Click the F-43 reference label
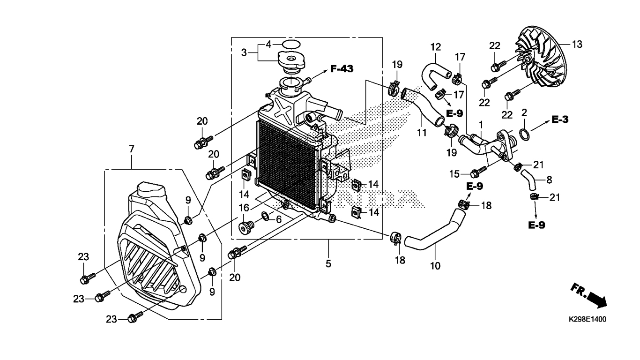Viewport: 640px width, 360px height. [x=342, y=69]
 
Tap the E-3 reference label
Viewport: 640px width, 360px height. [x=560, y=120]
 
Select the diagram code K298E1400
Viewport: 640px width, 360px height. [x=587, y=319]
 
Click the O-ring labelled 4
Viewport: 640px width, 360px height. [x=291, y=45]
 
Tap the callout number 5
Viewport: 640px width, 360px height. [x=328, y=263]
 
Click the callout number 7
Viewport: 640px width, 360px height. [x=132, y=149]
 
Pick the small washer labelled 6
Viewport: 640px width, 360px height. [x=266, y=216]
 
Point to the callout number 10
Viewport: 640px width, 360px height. [x=435, y=266]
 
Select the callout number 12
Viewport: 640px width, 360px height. [x=435, y=47]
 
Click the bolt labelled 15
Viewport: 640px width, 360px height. [x=478, y=172]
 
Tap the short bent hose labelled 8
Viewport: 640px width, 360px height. [x=528, y=180]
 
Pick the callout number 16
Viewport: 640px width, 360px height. [x=244, y=208]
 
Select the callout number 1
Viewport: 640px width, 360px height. [x=481, y=125]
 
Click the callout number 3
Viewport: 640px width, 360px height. [x=244, y=52]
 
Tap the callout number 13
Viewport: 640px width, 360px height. [x=577, y=45]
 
